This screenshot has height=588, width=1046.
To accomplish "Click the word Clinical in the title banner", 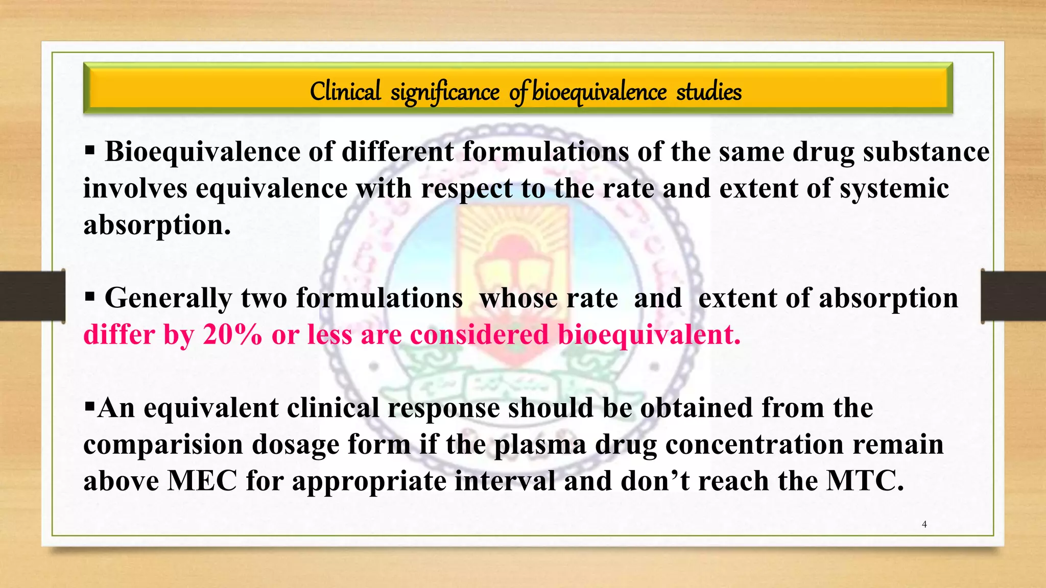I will click(345, 92).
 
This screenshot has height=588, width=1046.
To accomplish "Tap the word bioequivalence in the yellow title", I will click(599, 92).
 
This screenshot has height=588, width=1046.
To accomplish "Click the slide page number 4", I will click(924, 524).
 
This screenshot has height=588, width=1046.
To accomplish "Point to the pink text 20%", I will click(232, 335).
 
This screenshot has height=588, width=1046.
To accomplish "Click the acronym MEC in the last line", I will click(202, 481).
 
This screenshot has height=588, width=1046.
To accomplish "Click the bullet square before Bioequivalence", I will click(90, 151).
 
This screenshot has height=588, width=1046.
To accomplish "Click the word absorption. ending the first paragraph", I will click(157, 225).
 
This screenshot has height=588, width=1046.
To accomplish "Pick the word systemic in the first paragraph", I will click(894, 188).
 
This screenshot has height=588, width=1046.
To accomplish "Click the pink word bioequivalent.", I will click(649, 335).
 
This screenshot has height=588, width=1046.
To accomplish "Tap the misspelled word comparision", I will click(163, 444).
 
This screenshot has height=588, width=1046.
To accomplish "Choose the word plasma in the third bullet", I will click(539, 444).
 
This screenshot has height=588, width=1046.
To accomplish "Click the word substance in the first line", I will click(926, 152).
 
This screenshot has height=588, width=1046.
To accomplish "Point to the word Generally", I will click(168, 298).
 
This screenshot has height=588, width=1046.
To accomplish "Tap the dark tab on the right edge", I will click(1013, 296).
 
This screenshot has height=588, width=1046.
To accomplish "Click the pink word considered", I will click(479, 335).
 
